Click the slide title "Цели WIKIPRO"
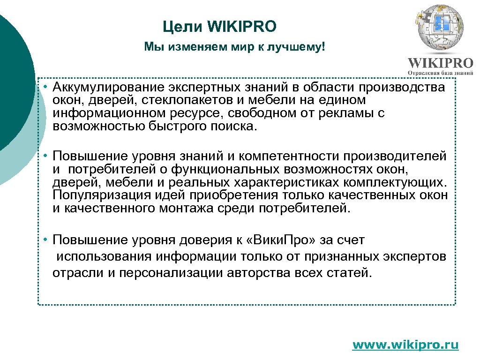click(x=220, y=27)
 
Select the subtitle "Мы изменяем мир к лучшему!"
click(x=234, y=47)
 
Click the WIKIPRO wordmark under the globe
click(x=440, y=63)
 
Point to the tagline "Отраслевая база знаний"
click(x=440, y=73)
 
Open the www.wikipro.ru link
click(x=405, y=345)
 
